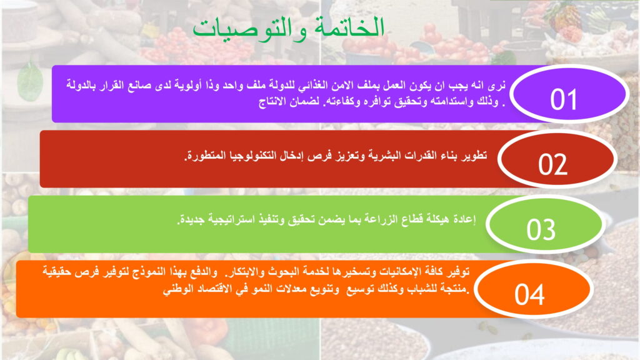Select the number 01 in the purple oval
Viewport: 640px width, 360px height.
click(x=563, y=99)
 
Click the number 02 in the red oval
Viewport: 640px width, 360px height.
click(x=552, y=164)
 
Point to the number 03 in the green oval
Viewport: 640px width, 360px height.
click(x=541, y=229)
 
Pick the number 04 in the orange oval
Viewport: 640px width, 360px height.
click(x=529, y=294)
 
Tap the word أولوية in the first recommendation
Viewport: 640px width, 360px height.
click(x=187, y=85)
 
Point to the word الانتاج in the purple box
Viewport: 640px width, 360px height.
click(x=272, y=102)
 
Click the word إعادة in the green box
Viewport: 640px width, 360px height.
click(x=464, y=219)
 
